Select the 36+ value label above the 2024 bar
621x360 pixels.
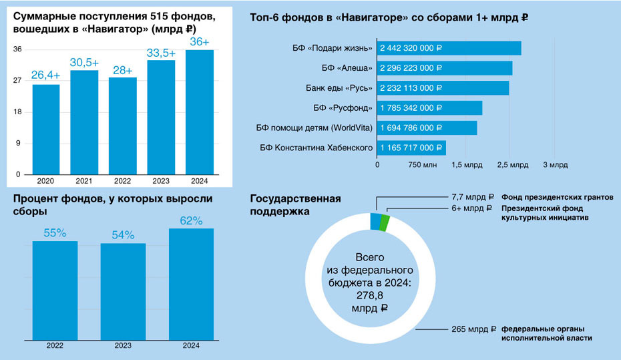click(200, 42)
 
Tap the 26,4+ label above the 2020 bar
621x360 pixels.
click(45, 75)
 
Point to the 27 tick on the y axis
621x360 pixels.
click(18, 81)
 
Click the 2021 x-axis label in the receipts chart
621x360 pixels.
click(84, 181)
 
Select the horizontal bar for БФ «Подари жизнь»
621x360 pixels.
click(449, 48)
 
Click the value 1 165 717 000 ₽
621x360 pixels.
click(411, 148)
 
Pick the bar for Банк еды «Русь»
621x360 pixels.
click(443, 88)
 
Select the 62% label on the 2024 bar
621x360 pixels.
click(191, 220)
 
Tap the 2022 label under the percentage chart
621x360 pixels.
click(55, 346)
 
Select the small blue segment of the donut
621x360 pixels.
click(375, 221)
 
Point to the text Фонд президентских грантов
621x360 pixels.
click(556, 198)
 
